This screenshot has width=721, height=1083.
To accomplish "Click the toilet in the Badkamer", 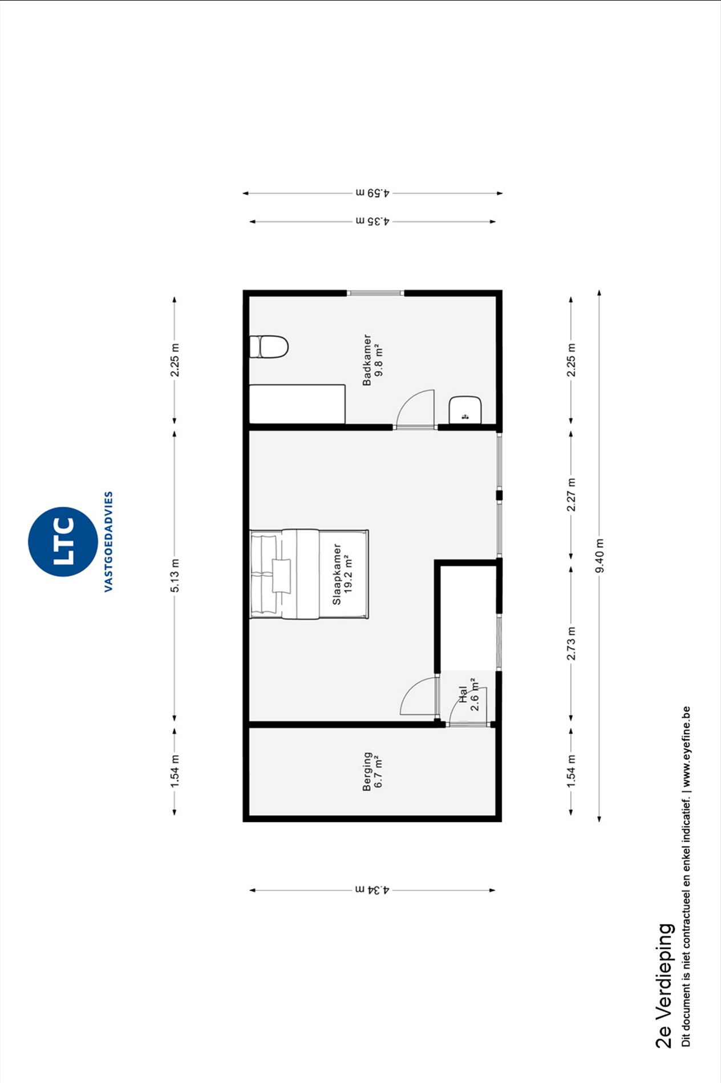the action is (269, 347).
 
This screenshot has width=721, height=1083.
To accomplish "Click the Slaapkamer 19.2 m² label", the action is (342, 574).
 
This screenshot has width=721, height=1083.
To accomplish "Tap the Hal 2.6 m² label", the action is (468, 694).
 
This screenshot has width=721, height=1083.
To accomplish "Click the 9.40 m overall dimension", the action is (599, 556).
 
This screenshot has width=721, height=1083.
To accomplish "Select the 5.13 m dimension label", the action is (175, 575).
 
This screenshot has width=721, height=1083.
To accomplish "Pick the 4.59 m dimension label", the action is (372, 193).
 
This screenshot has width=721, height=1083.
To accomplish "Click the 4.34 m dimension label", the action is (372, 890).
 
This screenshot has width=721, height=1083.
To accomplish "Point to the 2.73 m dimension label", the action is (571, 644).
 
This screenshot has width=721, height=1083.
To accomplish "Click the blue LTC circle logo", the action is (63, 541).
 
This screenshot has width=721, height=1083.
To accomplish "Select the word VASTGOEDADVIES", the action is (108, 541).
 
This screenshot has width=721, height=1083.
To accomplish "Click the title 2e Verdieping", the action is (665, 986).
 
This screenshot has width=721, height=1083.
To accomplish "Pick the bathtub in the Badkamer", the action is (297, 404).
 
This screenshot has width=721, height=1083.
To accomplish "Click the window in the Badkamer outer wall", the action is (375, 293).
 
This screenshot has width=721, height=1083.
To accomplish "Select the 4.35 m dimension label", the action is (372, 221).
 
